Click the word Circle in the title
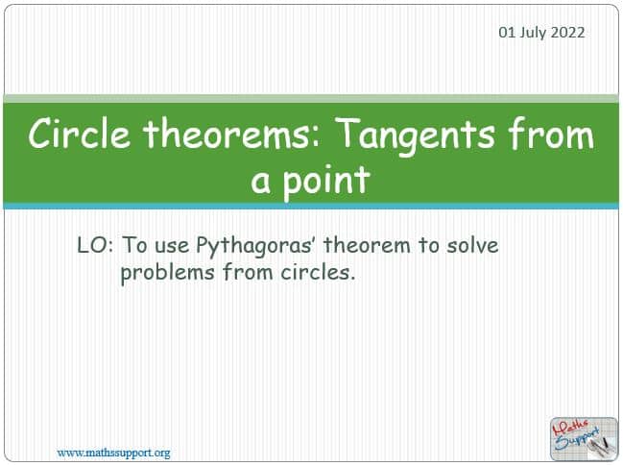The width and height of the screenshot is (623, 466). tap(79, 134)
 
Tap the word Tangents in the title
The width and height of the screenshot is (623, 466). tap(418, 136)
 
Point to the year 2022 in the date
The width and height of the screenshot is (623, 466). tap(567, 33)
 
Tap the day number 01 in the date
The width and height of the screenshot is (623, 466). tap(508, 33)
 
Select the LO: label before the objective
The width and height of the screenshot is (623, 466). tap(95, 245)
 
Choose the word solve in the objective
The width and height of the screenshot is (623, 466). tap(472, 245)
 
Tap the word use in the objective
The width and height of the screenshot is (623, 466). tap(172, 247)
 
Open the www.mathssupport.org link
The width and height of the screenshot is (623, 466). tap(113, 453)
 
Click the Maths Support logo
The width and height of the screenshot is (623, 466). tap(584, 439)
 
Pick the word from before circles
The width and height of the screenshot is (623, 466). tap(248, 272)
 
